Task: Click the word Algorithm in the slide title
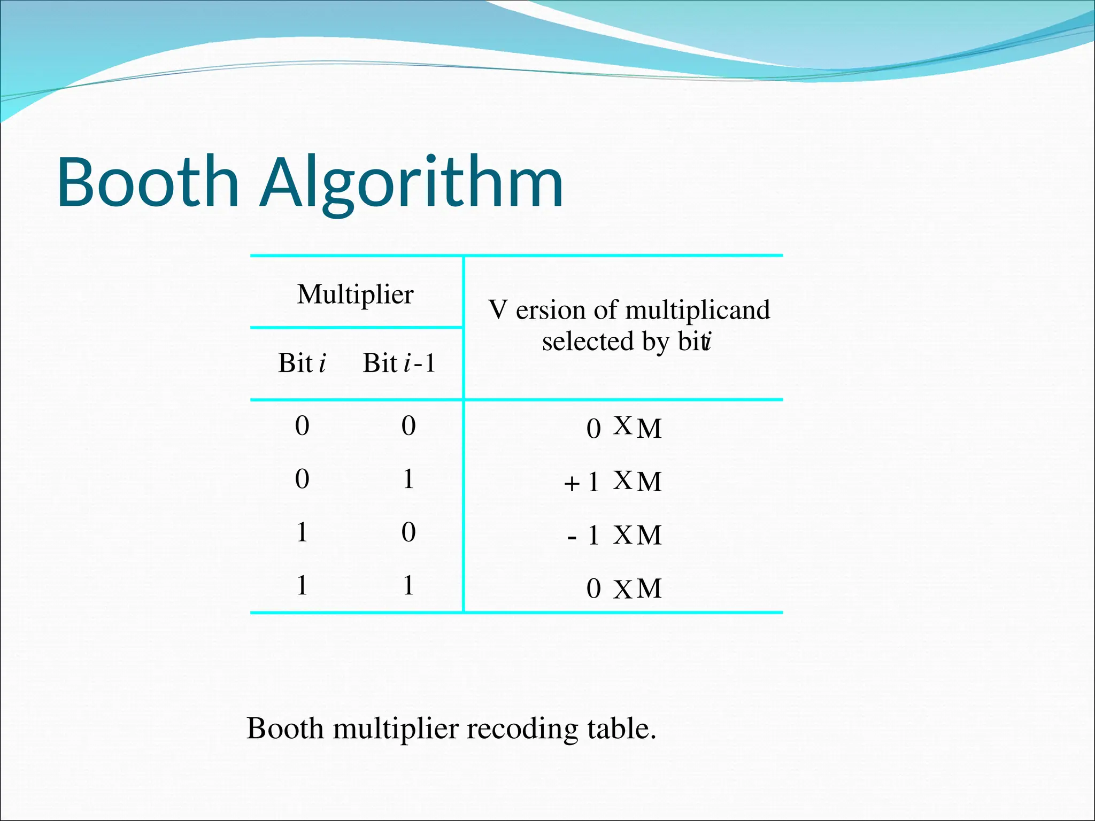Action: tap(412, 182)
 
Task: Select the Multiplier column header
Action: tap(355, 294)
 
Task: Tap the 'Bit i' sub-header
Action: tap(302, 363)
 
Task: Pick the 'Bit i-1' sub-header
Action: tap(399, 363)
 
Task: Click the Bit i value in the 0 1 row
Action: tap(302, 478)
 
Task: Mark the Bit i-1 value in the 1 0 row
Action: tap(408, 532)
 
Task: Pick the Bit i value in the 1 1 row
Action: tap(302, 585)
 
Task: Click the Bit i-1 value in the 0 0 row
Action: tap(408, 425)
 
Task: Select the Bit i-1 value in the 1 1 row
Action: tap(408, 585)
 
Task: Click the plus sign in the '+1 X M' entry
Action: tap(572, 483)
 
